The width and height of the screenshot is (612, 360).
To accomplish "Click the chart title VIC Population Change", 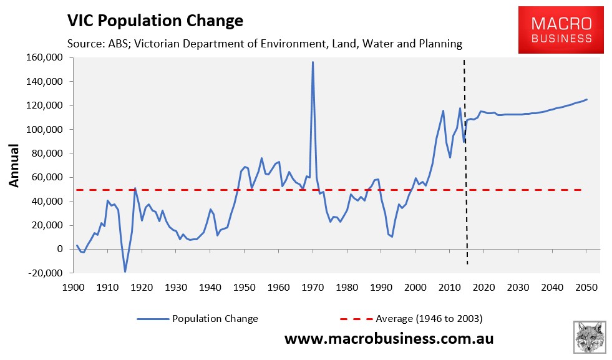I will (155, 21).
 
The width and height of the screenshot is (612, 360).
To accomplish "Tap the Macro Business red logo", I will (561, 29).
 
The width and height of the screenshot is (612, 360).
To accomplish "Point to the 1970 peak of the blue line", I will (313, 62).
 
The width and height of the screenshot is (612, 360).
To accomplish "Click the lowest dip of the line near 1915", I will (125, 271).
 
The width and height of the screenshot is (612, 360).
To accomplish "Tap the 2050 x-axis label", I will (586, 288).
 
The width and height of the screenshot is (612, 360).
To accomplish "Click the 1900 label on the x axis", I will (73, 288).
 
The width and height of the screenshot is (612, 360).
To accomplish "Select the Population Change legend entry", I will (214, 319).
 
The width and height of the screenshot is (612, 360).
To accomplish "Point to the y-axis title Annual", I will (15, 165).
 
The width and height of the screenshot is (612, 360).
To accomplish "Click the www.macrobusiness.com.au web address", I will (389, 339).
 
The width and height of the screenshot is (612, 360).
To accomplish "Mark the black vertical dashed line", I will (465, 187).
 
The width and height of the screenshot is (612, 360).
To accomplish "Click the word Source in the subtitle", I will (84, 44).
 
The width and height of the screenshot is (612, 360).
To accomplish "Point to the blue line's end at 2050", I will (586, 100).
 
